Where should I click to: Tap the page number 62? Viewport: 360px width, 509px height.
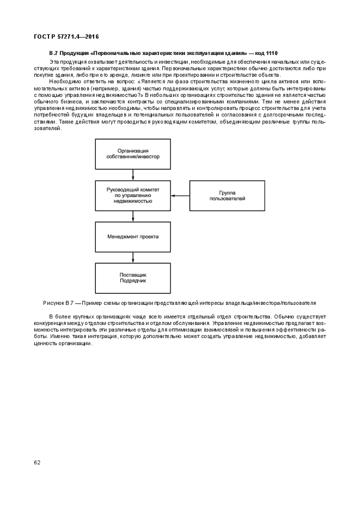pos(37,463)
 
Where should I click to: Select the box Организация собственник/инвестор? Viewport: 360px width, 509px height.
pos(133,154)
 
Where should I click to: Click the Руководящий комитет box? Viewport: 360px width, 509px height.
pos(133,195)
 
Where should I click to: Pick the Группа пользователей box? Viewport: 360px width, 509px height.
pos(227,195)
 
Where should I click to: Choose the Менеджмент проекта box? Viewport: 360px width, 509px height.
pos(133,237)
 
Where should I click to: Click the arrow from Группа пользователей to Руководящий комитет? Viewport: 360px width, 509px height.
pos(180,195)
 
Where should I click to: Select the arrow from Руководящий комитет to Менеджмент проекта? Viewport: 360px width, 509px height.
pos(133,216)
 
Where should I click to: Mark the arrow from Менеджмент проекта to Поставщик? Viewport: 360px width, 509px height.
pos(133,258)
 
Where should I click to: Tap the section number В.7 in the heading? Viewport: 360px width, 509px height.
pos(53,53)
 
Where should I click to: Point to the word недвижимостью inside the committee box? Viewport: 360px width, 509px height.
pos(133,201)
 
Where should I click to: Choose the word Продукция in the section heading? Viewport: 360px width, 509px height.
pos(75,53)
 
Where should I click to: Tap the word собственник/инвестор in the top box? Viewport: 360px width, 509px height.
pos(133,157)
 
